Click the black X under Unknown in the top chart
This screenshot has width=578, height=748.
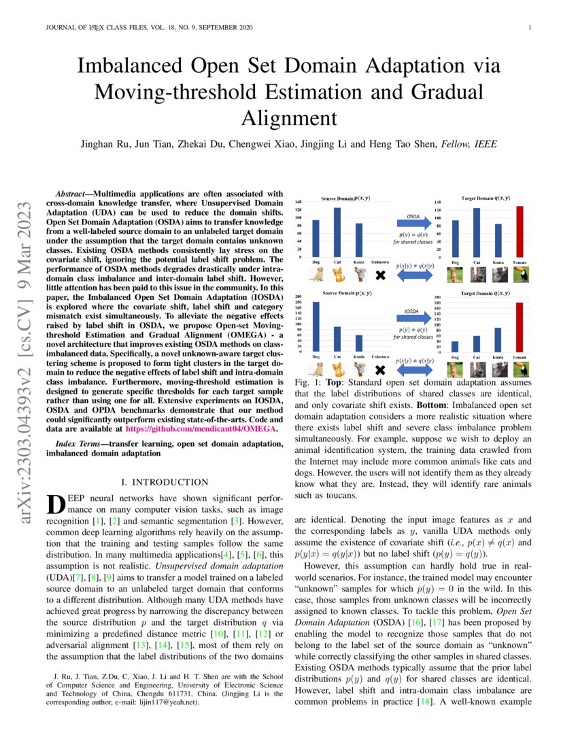point(381,275)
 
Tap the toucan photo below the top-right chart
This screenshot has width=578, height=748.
point(520,275)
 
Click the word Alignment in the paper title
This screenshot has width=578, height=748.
point(289,118)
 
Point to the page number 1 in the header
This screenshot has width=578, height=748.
point(529,27)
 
